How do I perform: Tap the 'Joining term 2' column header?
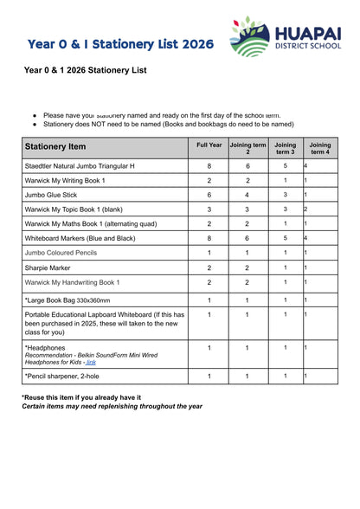(247, 148)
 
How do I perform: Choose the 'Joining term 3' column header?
(285, 148)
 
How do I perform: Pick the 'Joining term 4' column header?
(320, 148)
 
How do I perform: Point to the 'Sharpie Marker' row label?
(49, 267)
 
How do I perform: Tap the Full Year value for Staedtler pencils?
(209, 165)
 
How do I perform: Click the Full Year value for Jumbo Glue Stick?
(209, 195)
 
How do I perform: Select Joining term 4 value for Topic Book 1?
(305, 209)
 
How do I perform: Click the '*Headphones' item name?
(45, 346)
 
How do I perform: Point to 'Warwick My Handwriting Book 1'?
(72, 282)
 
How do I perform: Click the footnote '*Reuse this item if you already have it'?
(80, 397)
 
